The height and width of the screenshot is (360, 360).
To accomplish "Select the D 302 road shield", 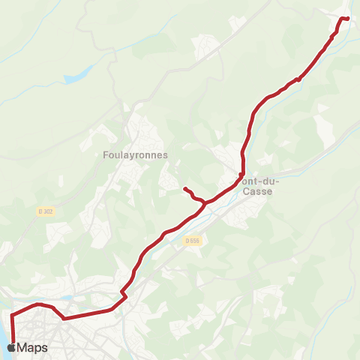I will pyautogui.click(x=46, y=212).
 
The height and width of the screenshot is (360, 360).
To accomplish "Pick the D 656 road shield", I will pyautogui.click(x=193, y=241).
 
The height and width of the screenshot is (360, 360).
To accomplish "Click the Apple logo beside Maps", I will pyautogui.click(x=10, y=347).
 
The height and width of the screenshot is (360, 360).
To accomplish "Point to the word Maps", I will pyautogui.click(x=32, y=348).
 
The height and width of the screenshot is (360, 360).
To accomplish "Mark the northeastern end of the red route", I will pyautogui.click(x=348, y=18).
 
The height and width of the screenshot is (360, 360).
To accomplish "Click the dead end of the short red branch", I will pyautogui.click(x=184, y=187).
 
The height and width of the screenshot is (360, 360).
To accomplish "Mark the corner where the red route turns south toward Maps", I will pyautogui.click(x=13, y=314).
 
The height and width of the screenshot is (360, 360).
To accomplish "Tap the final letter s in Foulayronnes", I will pyautogui.click(x=166, y=155).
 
